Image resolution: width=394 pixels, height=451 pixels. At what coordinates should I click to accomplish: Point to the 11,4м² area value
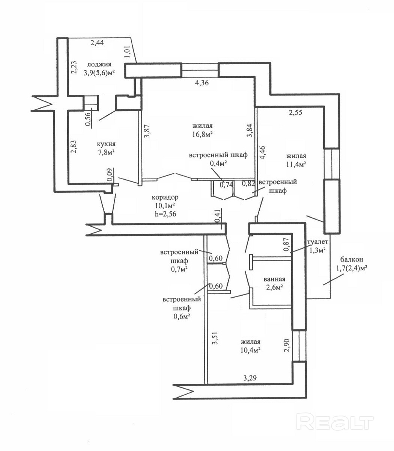coord(296,164)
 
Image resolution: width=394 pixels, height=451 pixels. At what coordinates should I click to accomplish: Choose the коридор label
coord(165,197)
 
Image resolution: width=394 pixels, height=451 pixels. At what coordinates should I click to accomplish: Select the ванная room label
coord(274,279)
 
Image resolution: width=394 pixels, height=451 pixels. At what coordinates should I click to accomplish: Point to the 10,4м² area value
coord(251,350)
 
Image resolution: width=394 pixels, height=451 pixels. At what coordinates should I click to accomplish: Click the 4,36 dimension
coord(199,83)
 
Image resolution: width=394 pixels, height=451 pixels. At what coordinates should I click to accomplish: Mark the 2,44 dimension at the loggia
coord(97,42)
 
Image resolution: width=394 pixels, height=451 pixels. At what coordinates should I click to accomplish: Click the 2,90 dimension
coord(287,345)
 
